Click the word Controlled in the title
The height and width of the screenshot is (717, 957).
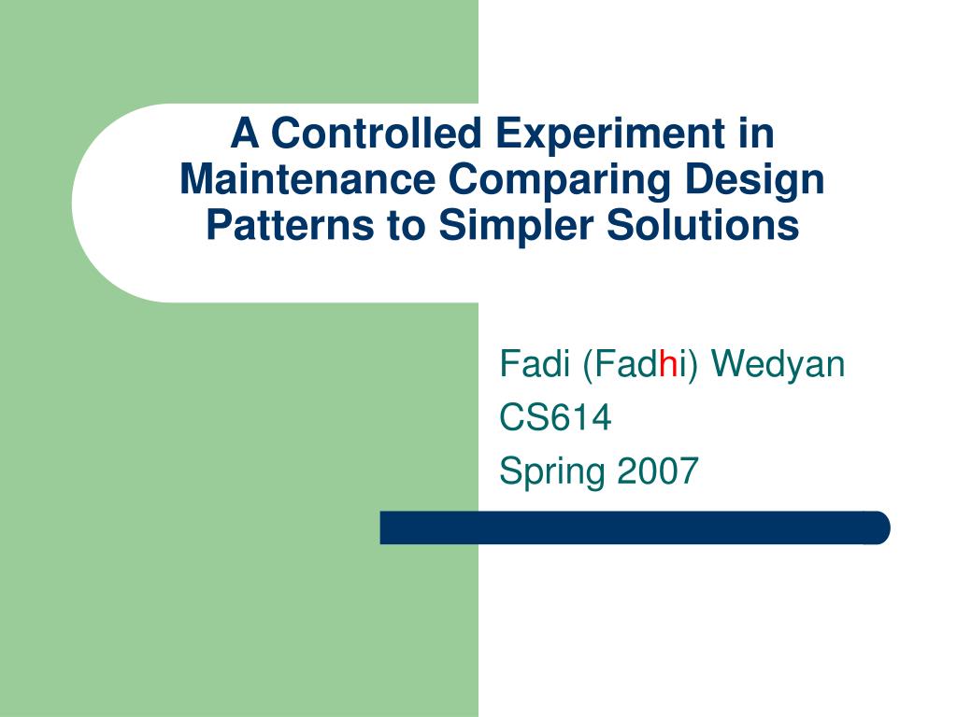pos(377,133)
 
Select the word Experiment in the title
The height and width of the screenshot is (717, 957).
pos(610,134)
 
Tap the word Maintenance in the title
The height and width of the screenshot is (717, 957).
pos(307,179)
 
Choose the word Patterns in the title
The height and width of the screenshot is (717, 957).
pos(290,225)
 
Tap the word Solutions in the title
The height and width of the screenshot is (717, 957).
pos(703,225)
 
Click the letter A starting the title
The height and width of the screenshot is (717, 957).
pos(245,133)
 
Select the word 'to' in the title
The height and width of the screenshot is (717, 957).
pos(406,226)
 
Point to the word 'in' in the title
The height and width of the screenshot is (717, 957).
pos(756,133)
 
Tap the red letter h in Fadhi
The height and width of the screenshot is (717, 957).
pos(669,364)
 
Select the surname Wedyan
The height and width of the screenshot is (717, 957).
pos(778,366)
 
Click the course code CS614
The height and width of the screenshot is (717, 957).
pos(555,417)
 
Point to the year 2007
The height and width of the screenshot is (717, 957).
pos(658,471)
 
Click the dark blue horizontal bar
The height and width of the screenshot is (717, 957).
pos(635,527)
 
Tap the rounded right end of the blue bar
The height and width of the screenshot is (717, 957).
pos(889,527)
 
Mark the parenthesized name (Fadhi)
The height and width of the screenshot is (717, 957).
pos(639,365)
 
